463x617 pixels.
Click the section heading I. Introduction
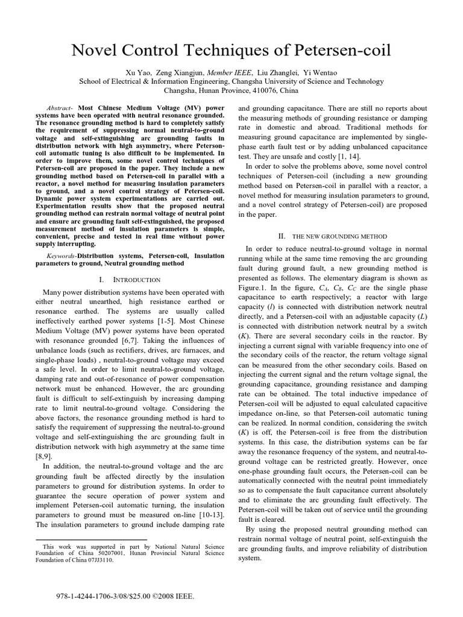pyautogui.click(x=129, y=280)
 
